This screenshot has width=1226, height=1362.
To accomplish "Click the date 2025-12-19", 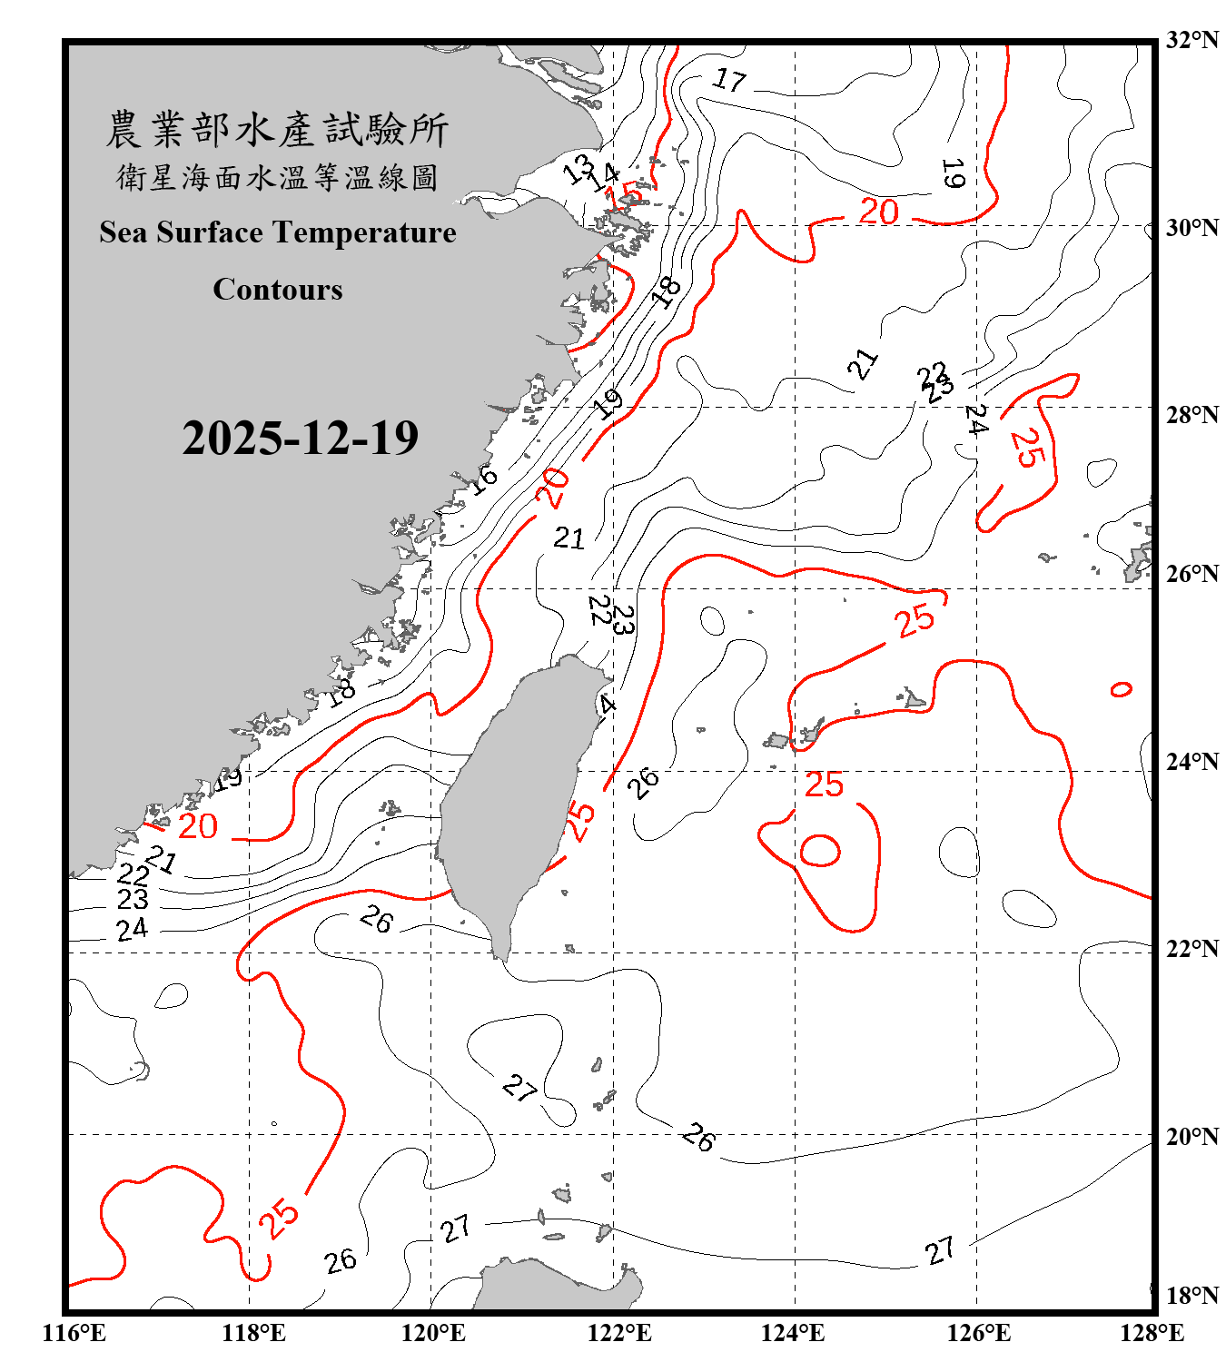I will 300,438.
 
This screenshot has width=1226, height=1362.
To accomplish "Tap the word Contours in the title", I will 278,290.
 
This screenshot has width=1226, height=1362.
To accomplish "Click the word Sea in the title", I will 124,232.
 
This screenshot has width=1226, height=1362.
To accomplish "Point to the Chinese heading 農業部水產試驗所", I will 277,130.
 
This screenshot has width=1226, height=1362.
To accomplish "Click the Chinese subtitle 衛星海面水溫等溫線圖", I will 277,178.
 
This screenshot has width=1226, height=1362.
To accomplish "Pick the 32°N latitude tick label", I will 1191,40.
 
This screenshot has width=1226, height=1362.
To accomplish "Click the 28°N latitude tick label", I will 1191,414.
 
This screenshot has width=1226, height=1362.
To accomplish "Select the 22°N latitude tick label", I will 1191,948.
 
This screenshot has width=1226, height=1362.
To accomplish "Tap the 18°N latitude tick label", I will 1191,1295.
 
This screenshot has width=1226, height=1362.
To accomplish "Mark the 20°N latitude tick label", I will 1191,1136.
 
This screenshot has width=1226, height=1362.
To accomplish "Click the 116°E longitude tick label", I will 74,1333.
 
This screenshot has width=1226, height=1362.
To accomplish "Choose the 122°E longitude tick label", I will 619,1333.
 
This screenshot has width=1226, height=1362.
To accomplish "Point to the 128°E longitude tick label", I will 1152,1333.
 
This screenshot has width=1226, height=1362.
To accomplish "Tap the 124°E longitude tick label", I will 793,1333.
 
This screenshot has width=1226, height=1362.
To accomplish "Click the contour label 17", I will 729,81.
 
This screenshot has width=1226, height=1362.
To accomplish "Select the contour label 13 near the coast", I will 578,168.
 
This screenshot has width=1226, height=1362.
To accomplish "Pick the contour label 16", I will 484,478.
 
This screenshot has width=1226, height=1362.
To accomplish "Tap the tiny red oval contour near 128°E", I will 1122,689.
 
